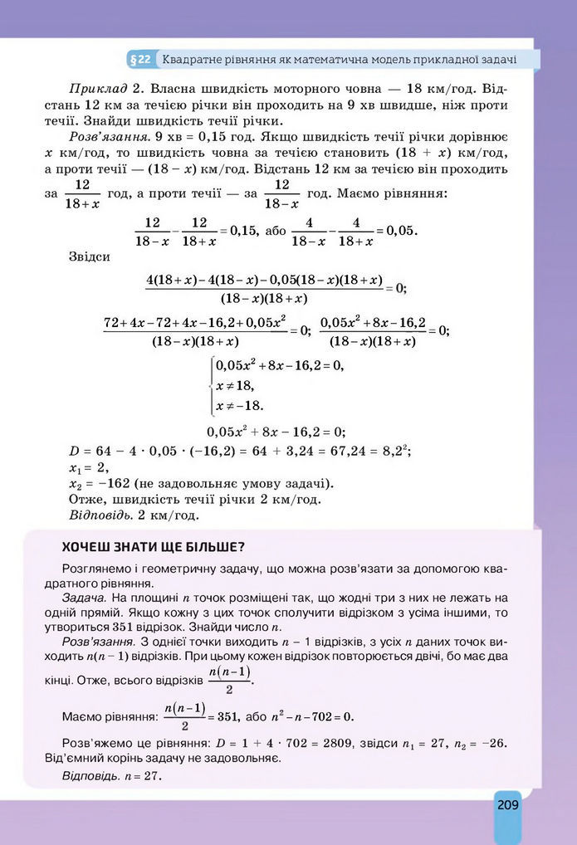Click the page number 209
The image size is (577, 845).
point(508,804)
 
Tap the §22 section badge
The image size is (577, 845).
point(140,60)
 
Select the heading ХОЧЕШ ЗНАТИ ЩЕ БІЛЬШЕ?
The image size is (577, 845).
point(153,547)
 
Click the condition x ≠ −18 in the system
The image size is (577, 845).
point(239,406)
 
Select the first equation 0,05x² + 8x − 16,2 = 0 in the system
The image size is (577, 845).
point(279,365)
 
